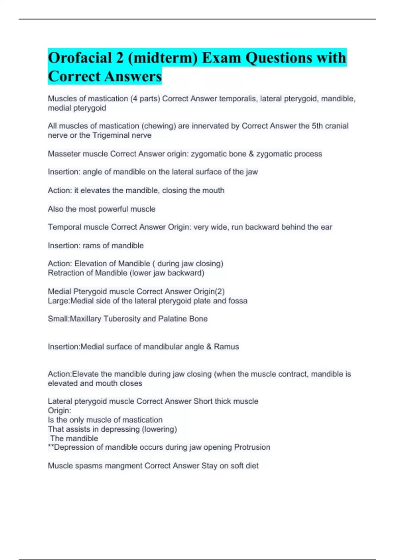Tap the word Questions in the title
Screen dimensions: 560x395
tap(279, 58)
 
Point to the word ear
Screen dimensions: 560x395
tap(327, 227)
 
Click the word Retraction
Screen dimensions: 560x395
tap(65, 273)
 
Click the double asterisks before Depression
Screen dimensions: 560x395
tap(51, 447)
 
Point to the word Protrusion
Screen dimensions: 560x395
tap(252, 447)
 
